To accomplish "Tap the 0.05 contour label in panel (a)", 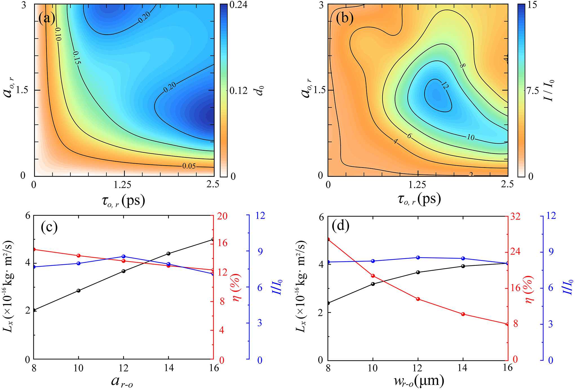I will pyautogui.click(x=189, y=166).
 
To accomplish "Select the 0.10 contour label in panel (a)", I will pyautogui.click(x=58, y=34).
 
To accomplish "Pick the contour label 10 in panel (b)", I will pyautogui.click(x=471, y=137).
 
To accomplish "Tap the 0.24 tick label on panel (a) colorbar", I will pyautogui.click(x=238, y=5).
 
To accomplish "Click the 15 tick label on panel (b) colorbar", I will pyautogui.click(x=532, y=5).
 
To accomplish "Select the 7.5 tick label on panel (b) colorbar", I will pyautogui.click(x=533, y=91).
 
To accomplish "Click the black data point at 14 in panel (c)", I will pyautogui.click(x=168, y=253).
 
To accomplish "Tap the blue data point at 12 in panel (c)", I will pyautogui.click(x=123, y=256).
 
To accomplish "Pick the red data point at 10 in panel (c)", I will pyautogui.click(x=79, y=255).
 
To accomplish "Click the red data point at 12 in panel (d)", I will pyautogui.click(x=418, y=299).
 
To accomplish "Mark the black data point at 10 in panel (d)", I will pyautogui.click(x=373, y=284).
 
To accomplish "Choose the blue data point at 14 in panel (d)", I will pyautogui.click(x=463, y=258).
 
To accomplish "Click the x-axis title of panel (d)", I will pyautogui.click(x=419, y=381).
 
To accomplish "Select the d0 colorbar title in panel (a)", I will pyautogui.click(x=261, y=91).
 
